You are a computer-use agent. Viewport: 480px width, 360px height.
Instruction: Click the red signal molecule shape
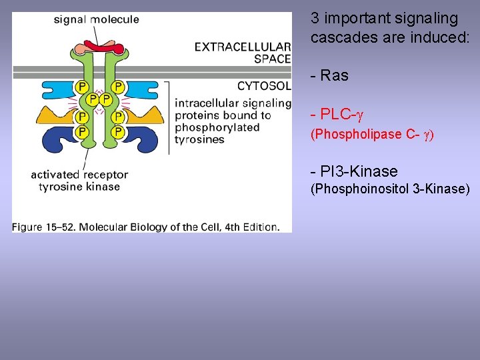(x=100, y=47)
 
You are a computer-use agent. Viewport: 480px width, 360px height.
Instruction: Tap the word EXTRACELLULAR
(x=243, y=47)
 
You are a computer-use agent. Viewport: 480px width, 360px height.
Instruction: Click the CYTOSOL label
(x=264, y=86)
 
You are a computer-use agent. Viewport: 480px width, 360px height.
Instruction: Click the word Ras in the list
(x=334, y=76)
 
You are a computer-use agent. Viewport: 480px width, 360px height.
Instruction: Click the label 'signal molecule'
(x=97, y=19)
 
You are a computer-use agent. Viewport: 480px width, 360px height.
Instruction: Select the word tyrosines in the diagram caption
(x=199, y=140)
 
